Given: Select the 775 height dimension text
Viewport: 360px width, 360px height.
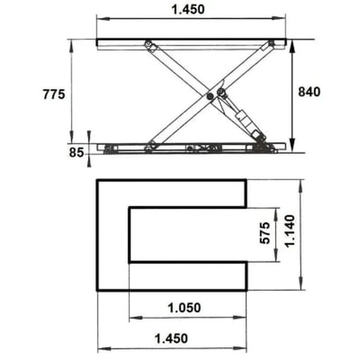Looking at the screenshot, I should point(53,95).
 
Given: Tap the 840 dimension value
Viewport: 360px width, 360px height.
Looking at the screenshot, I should point(309,92).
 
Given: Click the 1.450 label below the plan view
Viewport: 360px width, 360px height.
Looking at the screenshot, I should point(171,338).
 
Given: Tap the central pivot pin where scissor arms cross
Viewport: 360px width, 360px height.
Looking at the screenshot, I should point(210,96).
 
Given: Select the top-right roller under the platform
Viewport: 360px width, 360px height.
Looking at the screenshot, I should point(271,44).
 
